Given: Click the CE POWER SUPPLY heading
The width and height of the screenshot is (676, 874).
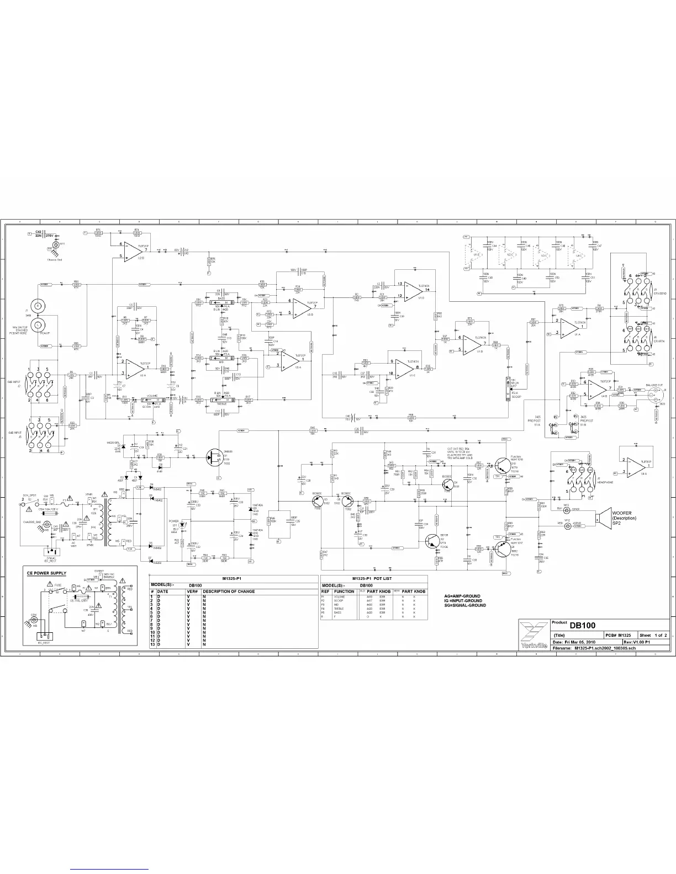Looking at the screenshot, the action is [47, 573].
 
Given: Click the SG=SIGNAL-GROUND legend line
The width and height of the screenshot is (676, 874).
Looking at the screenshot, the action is [465, 605].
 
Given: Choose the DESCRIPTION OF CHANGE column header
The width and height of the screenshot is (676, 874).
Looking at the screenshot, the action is [229, 591].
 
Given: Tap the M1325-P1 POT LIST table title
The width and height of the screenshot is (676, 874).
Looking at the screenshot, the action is [374, 578].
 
